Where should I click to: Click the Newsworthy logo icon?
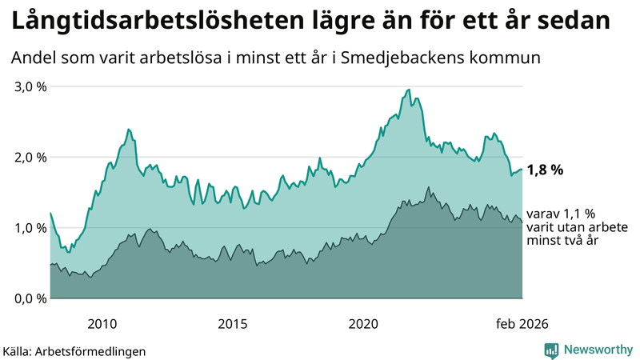point(551,350)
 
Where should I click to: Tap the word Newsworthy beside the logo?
point(598,350)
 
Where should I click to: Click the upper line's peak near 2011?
point(128,129)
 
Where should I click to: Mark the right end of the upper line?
point(522,169)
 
